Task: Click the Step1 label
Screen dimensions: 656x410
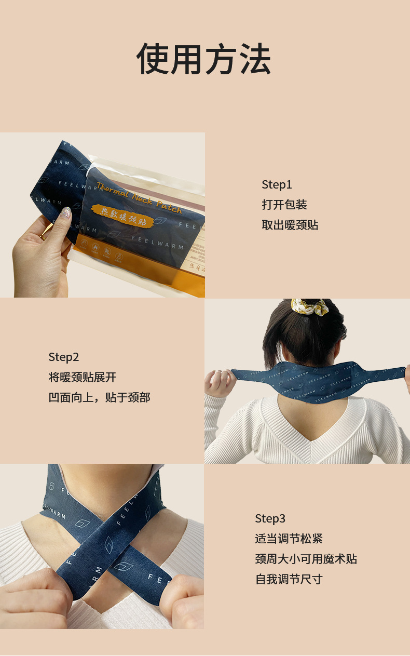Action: point(277,184)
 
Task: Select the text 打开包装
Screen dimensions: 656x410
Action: point(284,205)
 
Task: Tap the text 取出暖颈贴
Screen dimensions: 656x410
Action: point(290,225)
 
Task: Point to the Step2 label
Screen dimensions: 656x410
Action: point(63,357)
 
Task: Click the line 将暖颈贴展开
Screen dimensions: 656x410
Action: point(82,377)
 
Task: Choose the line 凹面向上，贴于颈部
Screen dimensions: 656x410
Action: point(99,397)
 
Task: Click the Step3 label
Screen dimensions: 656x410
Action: point(270,518)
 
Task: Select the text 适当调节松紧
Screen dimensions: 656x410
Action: point(289,539)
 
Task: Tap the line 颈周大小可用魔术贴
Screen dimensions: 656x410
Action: point(306,559)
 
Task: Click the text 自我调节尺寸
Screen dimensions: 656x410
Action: point(289,579)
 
